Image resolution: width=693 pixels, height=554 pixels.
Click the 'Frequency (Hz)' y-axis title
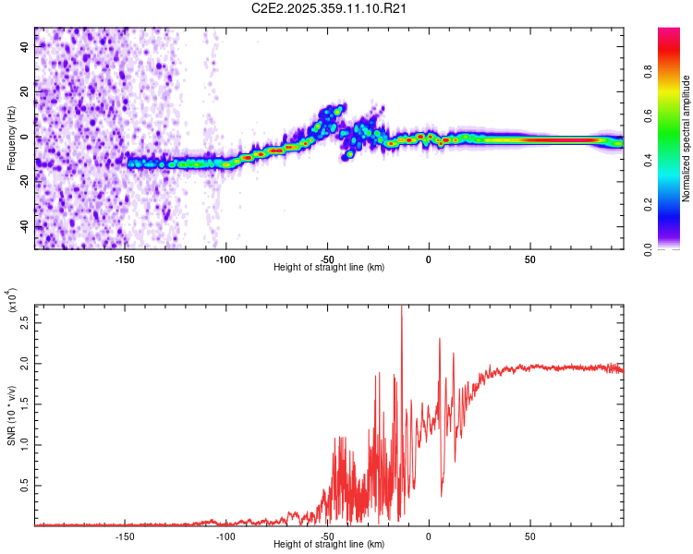(11, 138)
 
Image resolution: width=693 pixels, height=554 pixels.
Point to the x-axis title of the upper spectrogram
(329, 267)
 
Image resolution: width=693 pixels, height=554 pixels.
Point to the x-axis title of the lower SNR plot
(329, 544)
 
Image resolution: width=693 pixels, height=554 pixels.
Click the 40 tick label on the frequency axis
(24, 47)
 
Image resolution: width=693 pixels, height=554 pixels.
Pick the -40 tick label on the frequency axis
(24, 226)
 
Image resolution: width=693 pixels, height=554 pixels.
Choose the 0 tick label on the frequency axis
(24, 137)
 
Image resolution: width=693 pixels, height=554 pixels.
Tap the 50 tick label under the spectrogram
(529, 258)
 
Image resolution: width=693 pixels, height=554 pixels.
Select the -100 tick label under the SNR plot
(225, 535)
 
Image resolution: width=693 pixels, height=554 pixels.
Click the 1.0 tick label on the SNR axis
(24, 444)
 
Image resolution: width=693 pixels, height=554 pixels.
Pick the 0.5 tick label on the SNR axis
(24, 485)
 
